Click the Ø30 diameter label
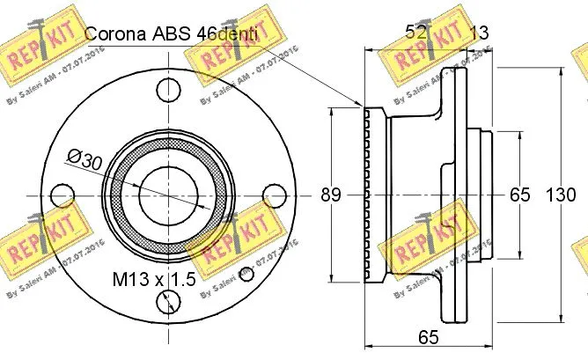point(85,159)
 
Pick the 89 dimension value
point(330,195)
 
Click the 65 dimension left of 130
point(519,195)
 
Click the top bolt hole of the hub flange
point(165,88)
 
